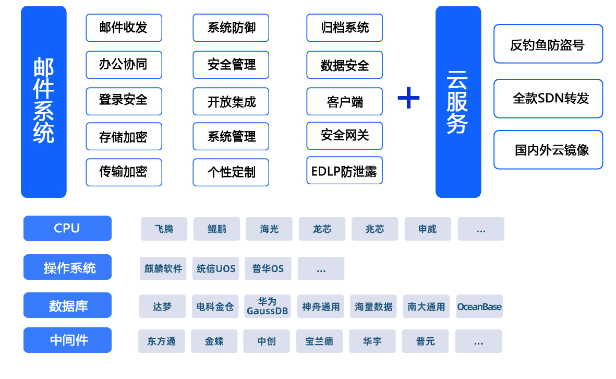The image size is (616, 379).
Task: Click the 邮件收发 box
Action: (124, 28)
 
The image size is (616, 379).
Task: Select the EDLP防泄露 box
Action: (344, 171)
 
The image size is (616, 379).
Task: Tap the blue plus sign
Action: (408, 97)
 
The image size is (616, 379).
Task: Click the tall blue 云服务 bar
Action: (458, 102)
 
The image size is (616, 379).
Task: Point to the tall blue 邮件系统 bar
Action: (44, 102)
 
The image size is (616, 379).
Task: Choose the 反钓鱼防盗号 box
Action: (548, 44)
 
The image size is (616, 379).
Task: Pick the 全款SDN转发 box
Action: (548, 98)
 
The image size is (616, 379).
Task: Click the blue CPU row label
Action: (67, 229)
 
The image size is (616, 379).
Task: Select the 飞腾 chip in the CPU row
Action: (164, 229)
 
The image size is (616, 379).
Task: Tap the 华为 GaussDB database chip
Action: (267, 306)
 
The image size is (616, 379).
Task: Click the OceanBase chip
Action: (479, 306)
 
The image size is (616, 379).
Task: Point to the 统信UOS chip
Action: (216, 269)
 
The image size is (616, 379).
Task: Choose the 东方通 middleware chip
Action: (161, 341)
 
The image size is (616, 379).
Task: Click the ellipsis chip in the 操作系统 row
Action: (321, 269)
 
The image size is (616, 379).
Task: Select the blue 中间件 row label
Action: (67, 340)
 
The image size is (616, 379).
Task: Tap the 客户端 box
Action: (344, 102)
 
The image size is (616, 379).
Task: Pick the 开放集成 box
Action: (231, 102)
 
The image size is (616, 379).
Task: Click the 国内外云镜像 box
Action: (548, 150)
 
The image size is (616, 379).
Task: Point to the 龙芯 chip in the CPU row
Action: (322, 229)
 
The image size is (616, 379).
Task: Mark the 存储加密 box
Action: (124, 137)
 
